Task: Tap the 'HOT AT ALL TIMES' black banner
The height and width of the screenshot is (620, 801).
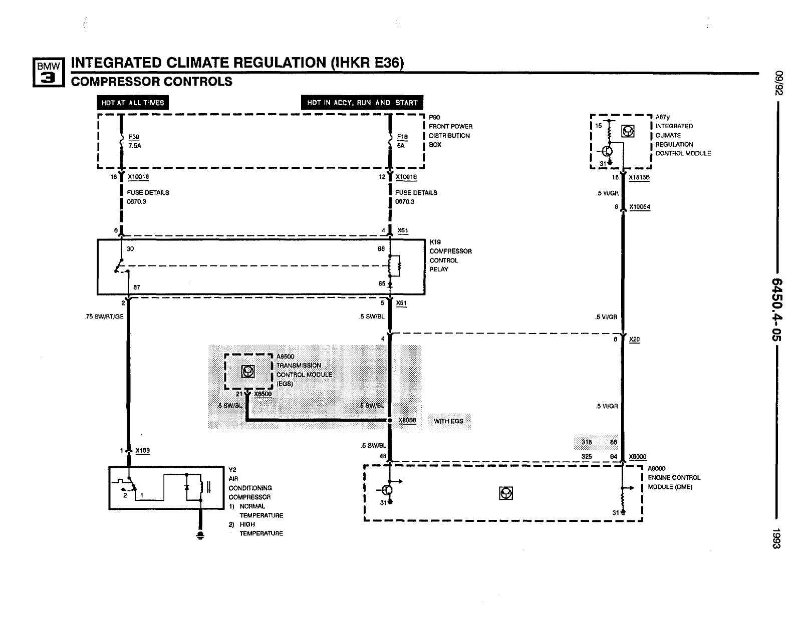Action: pos(133,103)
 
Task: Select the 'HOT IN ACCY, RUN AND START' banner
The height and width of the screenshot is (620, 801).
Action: pos(362,103)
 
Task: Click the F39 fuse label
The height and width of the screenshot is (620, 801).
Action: pos(134,137)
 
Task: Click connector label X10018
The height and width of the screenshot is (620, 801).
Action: pos(138,177)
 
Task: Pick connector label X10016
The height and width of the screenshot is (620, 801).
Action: pos(406,177)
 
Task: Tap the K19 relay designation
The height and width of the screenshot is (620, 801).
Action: pos(435,242)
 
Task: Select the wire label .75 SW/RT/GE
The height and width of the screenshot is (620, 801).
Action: pos(104,317)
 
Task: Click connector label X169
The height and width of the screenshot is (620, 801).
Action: pos(143,451)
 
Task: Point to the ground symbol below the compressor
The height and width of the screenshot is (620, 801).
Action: pos(200,535)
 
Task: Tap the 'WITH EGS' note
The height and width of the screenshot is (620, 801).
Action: pos(448,421)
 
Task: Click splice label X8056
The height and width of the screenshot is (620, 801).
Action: pos(407,421)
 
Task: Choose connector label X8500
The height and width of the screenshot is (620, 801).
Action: pos(263,394)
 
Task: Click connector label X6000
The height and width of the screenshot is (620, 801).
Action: pos(638,457)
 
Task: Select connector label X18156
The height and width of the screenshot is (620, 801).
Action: pos(639,177)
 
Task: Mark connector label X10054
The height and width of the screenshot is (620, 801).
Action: pos(639,207)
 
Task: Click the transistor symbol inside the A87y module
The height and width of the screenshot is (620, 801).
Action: pos(608,151)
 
